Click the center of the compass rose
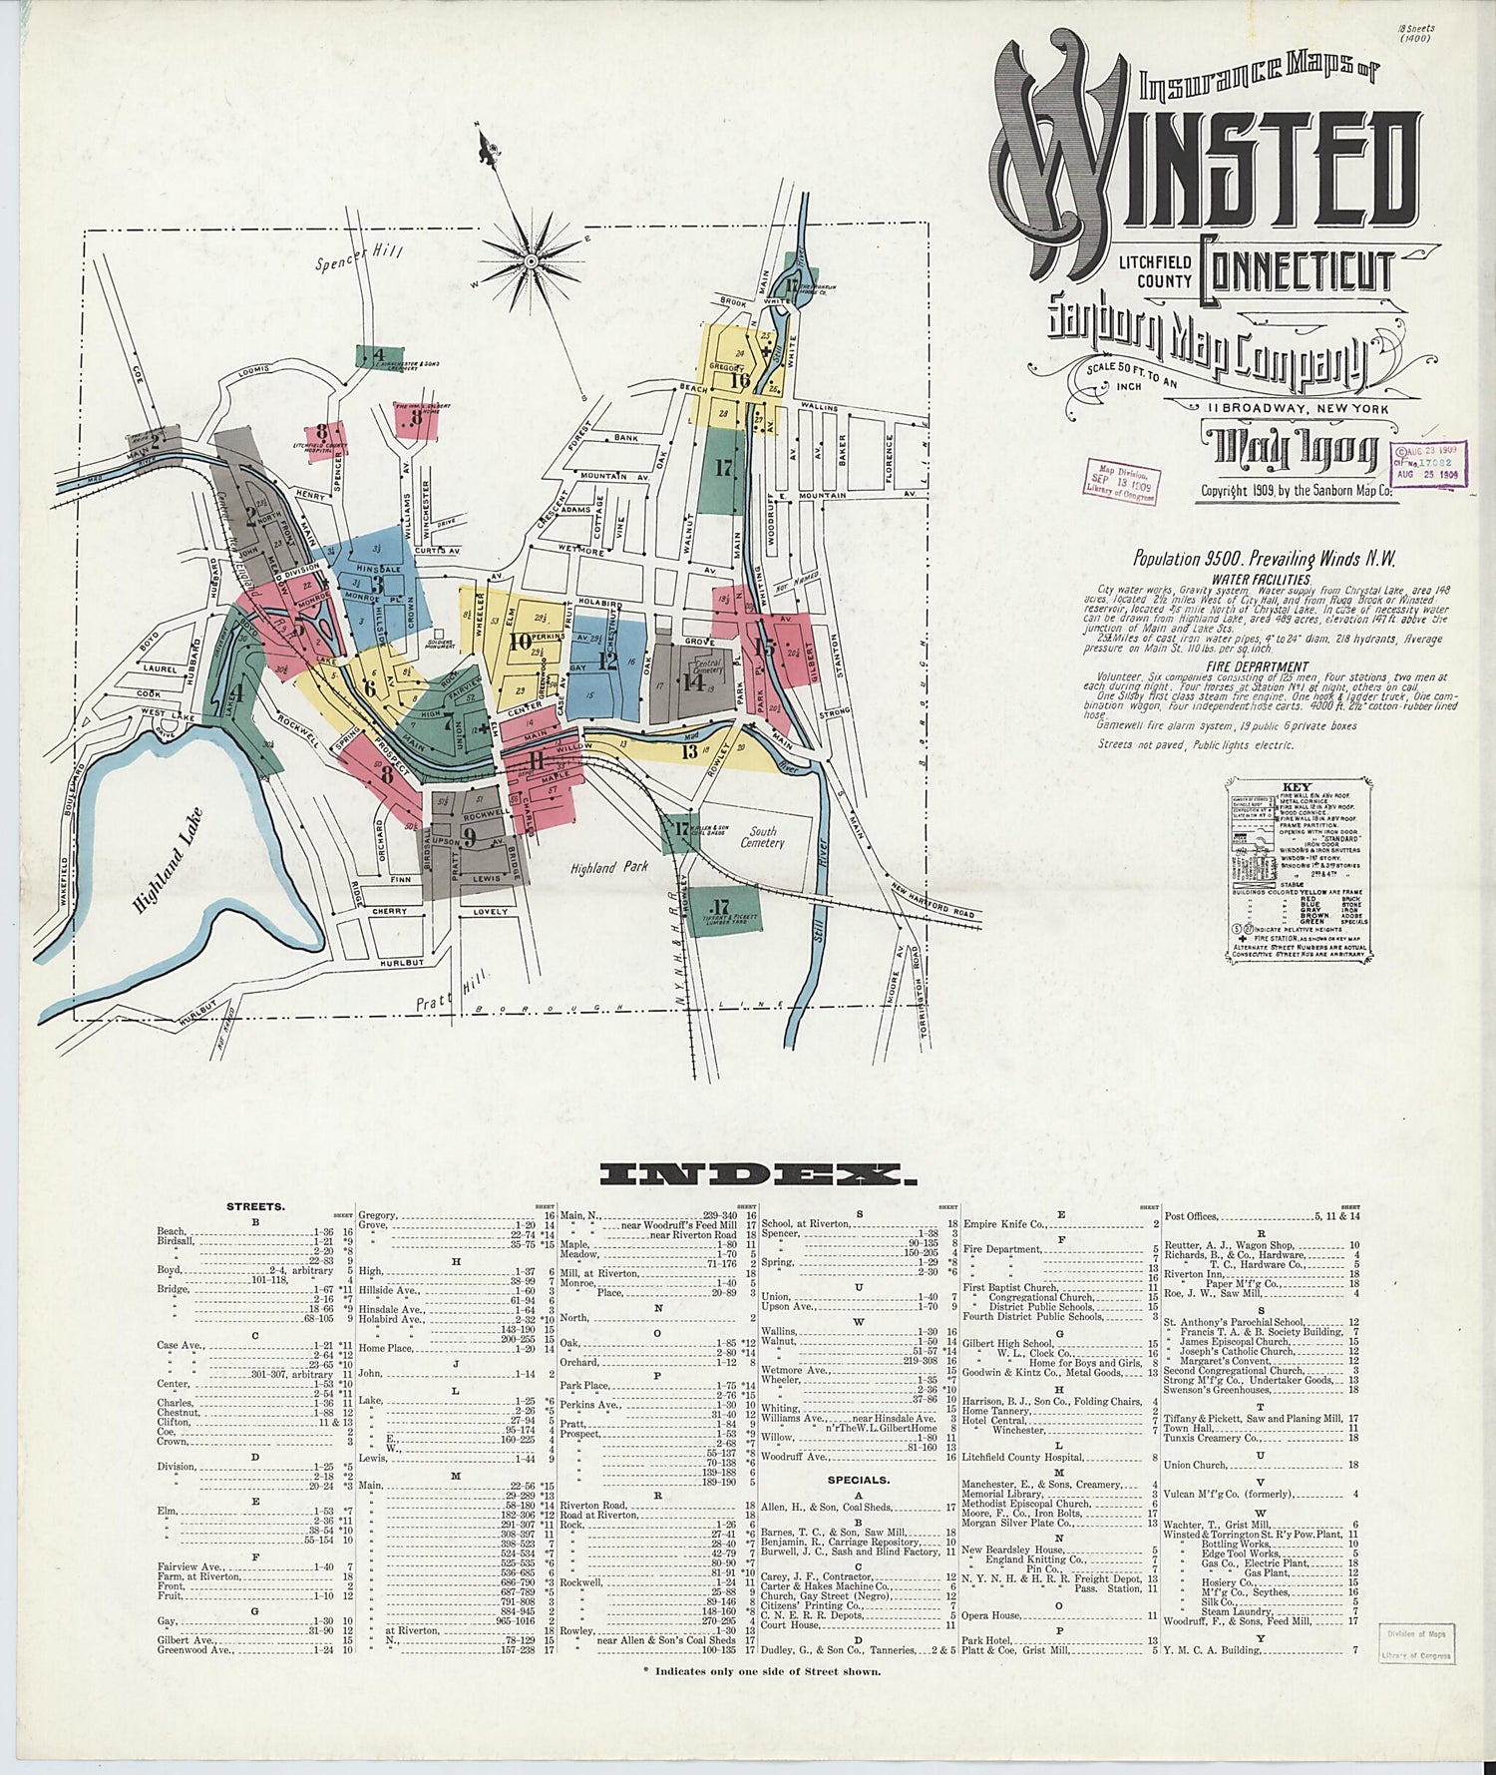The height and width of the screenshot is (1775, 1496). click(531, 262)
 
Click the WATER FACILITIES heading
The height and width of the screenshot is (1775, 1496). click(1261, 579)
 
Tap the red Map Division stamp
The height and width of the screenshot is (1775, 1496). click(1122, 482)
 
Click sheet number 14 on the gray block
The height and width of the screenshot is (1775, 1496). click(692, 682)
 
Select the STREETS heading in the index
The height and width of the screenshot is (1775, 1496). click(255, 1205)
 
